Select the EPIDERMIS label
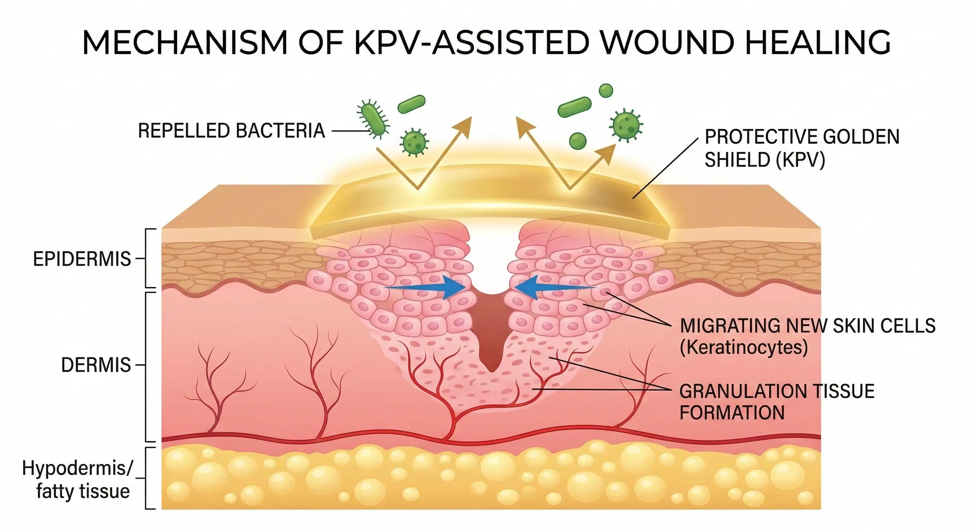tap(82, 259)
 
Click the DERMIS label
tap(96, 365)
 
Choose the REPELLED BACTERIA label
tap(231, 131)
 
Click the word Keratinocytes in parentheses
tap(743, 347)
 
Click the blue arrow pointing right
tap(427, 288)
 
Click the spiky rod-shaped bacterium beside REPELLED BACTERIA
tap(373, 119)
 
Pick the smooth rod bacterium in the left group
tap(411, 104)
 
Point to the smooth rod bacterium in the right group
tap(575, 106)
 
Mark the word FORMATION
tap(732, 412)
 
